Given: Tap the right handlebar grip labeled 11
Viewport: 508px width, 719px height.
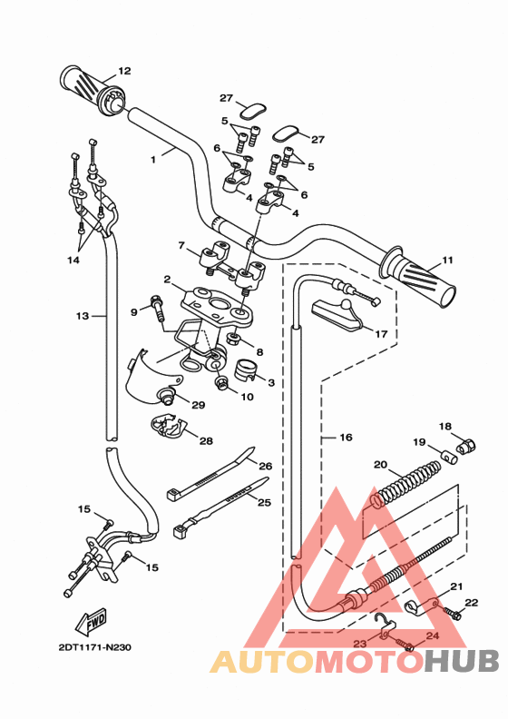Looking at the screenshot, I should click(421, 276).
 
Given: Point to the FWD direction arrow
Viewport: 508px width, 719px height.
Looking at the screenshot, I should click(93, 622).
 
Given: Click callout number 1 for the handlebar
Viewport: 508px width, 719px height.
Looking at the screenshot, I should click(153, 158).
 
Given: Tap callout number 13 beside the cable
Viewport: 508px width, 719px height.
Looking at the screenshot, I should click(83, 316).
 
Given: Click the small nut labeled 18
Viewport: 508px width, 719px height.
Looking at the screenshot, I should click(468, 446).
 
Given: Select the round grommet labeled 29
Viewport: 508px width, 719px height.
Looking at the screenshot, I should click(168, 395).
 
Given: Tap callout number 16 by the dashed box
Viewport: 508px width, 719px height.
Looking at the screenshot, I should click(346, 437).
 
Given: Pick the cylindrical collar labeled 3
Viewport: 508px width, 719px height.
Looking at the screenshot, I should click(248, 369).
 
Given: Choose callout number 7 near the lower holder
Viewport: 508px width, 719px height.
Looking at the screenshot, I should click(181, 245).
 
